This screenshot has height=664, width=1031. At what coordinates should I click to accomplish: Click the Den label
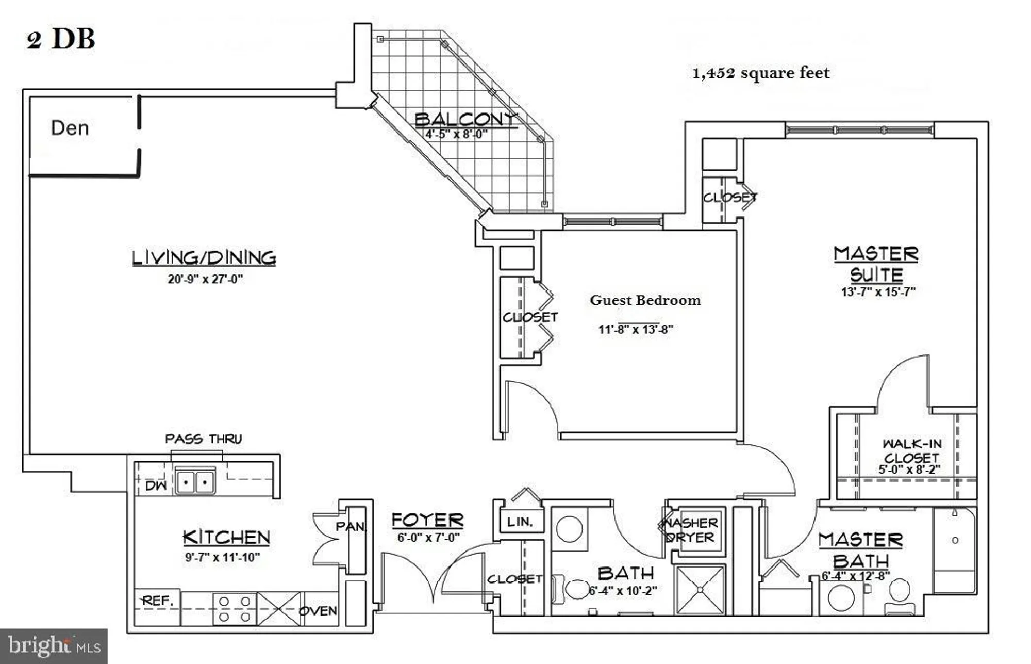coord(70,128)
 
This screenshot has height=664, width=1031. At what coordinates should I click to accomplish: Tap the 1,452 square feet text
coord(760,73)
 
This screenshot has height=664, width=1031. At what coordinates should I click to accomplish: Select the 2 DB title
coord(61,39)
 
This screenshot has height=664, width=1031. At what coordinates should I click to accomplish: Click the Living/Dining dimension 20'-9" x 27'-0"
coord(205,279)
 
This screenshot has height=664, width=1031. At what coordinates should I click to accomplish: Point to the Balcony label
coord(465,119)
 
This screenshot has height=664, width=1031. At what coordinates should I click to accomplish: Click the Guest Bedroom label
coord(645,300)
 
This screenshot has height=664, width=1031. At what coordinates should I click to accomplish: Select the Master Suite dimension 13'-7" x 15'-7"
coord(878,291)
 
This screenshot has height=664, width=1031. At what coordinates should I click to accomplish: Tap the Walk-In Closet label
coord(911,450)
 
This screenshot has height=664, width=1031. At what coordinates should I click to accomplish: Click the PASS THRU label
coord(203,439)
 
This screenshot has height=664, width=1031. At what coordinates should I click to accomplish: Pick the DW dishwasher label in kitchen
coord(156,485)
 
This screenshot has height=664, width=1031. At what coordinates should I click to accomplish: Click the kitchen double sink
coord(195,482)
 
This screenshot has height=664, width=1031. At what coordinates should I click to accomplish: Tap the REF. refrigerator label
coord(157,601)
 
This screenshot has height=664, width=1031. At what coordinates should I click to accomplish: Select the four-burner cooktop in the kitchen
coord(235,609)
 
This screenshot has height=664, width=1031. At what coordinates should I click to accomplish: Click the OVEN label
coord(318,611)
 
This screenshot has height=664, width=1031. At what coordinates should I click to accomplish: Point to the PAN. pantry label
coord(351,526)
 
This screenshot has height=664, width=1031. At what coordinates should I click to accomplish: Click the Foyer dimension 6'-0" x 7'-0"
coord(428,538)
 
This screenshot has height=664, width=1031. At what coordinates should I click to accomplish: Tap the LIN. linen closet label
coord(520,522)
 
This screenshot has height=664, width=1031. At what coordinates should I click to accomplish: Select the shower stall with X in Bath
coord(700,590)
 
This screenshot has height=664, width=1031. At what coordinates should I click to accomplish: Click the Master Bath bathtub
coord(955,549)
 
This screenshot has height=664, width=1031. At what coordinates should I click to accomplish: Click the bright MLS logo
coord(54,646)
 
